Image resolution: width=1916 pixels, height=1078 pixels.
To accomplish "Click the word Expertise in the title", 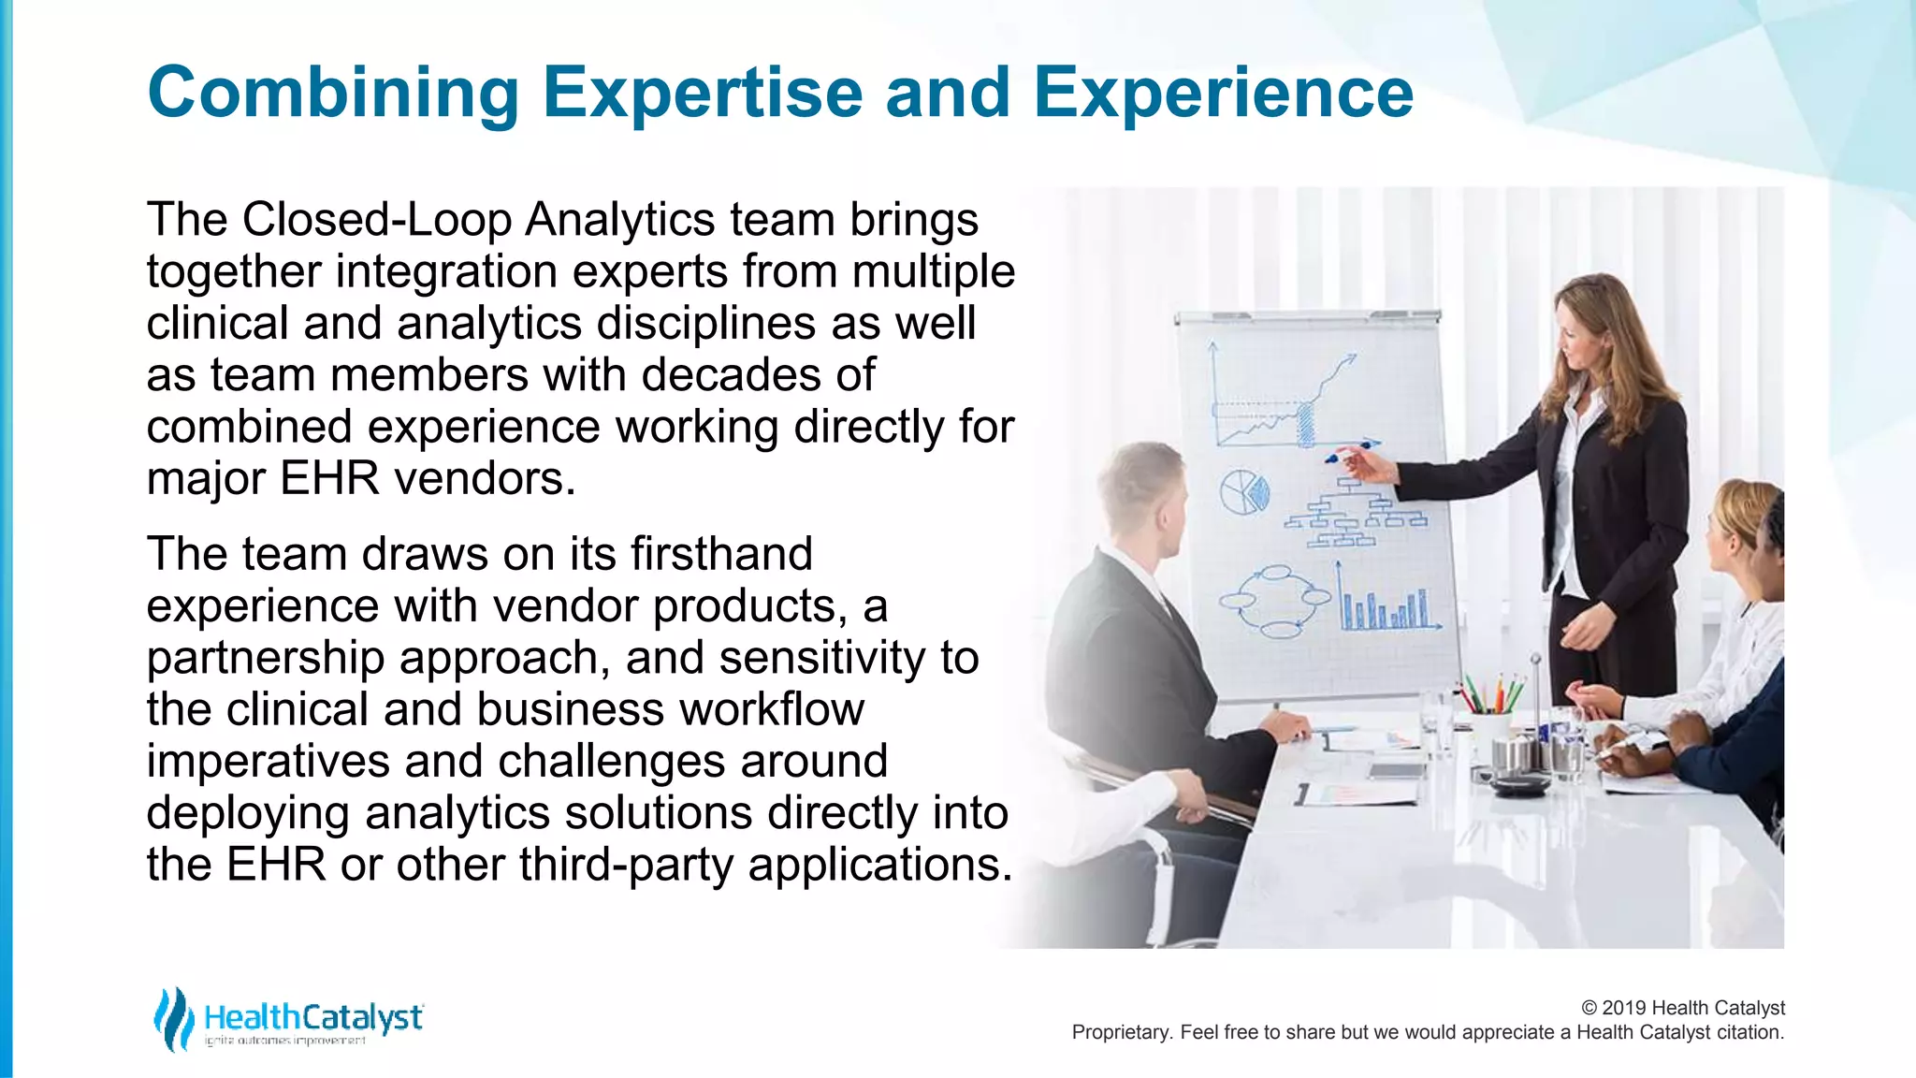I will pos(702,94).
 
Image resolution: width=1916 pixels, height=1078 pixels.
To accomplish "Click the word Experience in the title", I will pos(1222,94).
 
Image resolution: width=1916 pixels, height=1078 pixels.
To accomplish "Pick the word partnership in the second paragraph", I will pos(265,659).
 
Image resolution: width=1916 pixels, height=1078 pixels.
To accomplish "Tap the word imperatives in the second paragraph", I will pos(268,761).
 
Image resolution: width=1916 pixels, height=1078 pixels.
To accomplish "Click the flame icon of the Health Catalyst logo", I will pos(173,1019).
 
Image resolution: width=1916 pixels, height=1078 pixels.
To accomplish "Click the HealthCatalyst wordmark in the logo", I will pos(313,1017).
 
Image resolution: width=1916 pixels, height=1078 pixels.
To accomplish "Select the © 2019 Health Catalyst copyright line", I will pos(1682,1008).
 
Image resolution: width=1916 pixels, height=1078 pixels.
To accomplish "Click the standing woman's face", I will pos(1581,337).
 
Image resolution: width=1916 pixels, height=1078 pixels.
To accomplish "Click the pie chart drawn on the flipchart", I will pos(1244,493).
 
